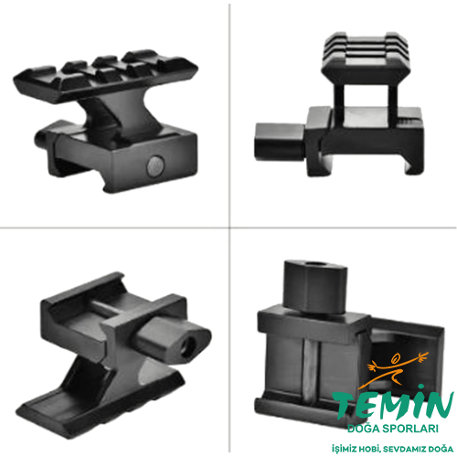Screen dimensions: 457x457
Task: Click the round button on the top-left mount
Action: [x=156, y=165]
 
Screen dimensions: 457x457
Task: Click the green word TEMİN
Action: [x=393, y=406]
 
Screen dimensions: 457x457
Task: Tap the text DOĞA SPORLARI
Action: [x=393, y=427]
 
